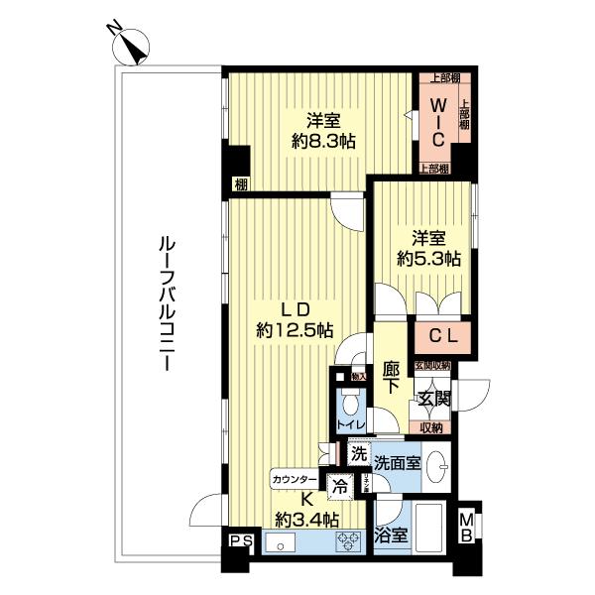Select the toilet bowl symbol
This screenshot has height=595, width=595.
click(350, 407)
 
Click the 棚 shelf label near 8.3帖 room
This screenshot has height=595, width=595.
click(241, 182)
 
